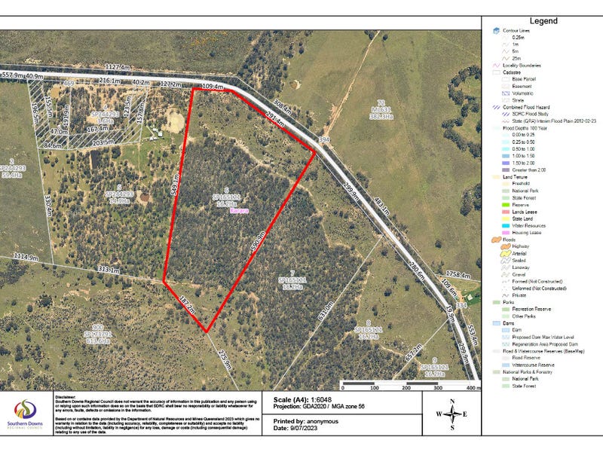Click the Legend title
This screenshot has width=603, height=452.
pyautogui.click(x=543, y=21)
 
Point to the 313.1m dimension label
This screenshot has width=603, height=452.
pyautogui.click(x=108, y=270)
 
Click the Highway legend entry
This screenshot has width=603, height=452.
pyautogui.click(x=520, y=246)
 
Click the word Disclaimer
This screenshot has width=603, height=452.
pyautogui.click(x=66, y=394)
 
